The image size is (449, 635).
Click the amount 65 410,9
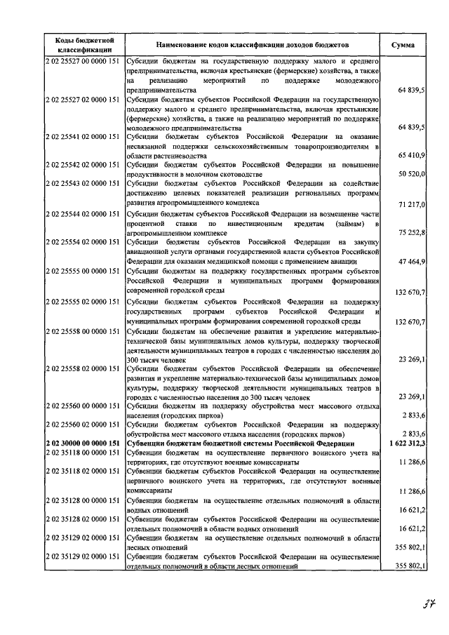[410, 155]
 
